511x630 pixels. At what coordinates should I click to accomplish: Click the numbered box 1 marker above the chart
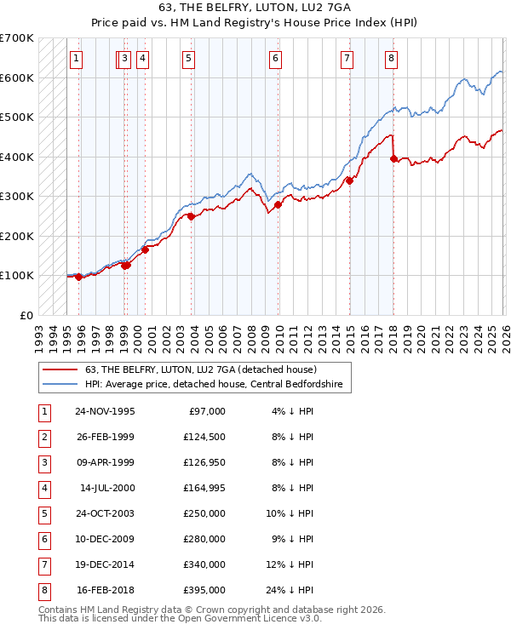77,59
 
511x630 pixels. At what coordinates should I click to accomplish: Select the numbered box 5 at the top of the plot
187,59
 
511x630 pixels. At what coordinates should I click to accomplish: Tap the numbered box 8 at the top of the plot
390,59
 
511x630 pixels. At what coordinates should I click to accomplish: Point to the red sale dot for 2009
278,204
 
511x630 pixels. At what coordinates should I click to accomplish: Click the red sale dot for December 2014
349,180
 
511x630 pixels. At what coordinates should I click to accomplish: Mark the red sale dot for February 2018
393,158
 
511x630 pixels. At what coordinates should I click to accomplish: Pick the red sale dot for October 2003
191,216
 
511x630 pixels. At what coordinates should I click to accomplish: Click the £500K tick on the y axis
17,117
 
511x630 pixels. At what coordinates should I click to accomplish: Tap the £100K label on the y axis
17,275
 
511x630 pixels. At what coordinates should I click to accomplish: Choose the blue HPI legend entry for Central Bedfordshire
213,385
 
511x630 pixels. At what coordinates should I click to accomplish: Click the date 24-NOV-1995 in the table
105,411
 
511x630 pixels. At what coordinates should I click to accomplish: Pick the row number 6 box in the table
43,539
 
